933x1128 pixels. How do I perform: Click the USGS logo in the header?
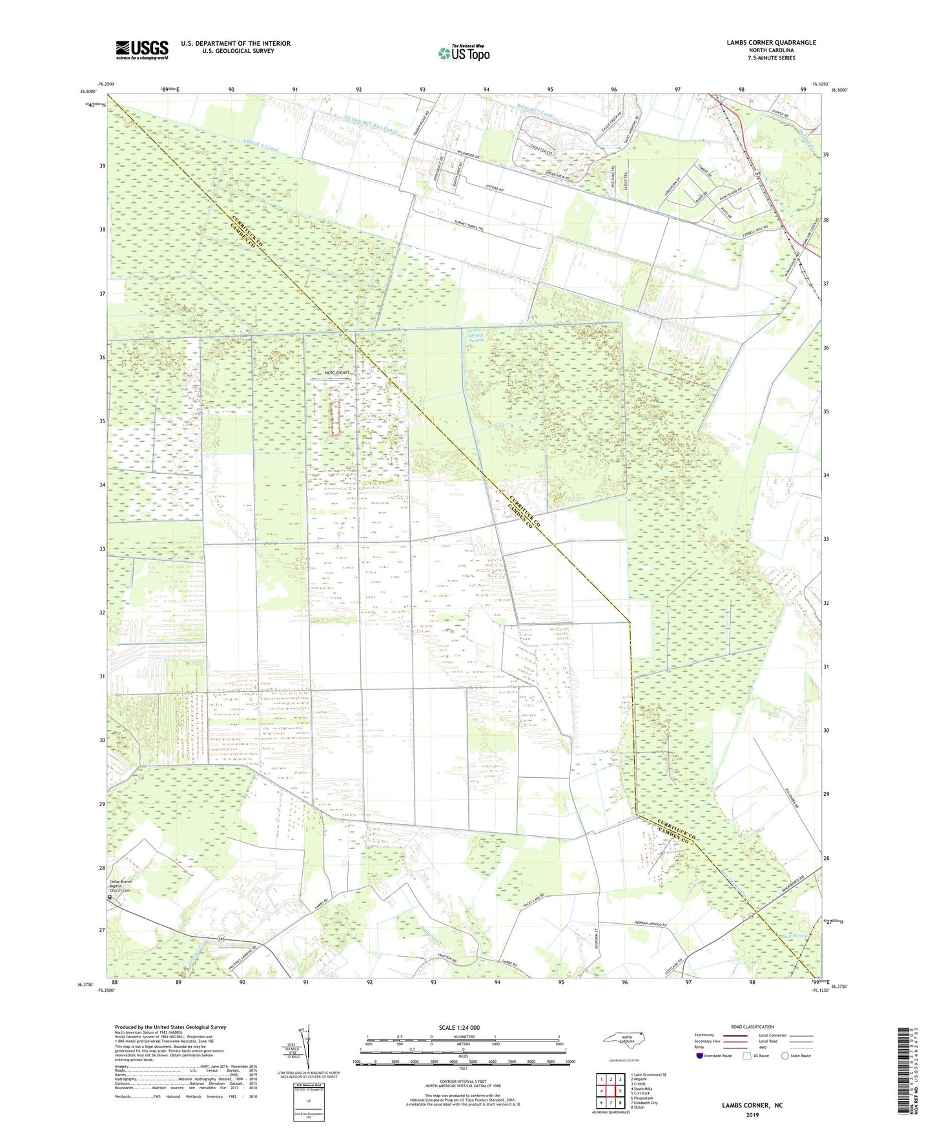(142, 50)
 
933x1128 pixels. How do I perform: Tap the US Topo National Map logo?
(463, 53)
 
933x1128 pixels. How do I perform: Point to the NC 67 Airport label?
(337, 373)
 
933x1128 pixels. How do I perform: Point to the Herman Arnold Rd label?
(650, 923)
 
